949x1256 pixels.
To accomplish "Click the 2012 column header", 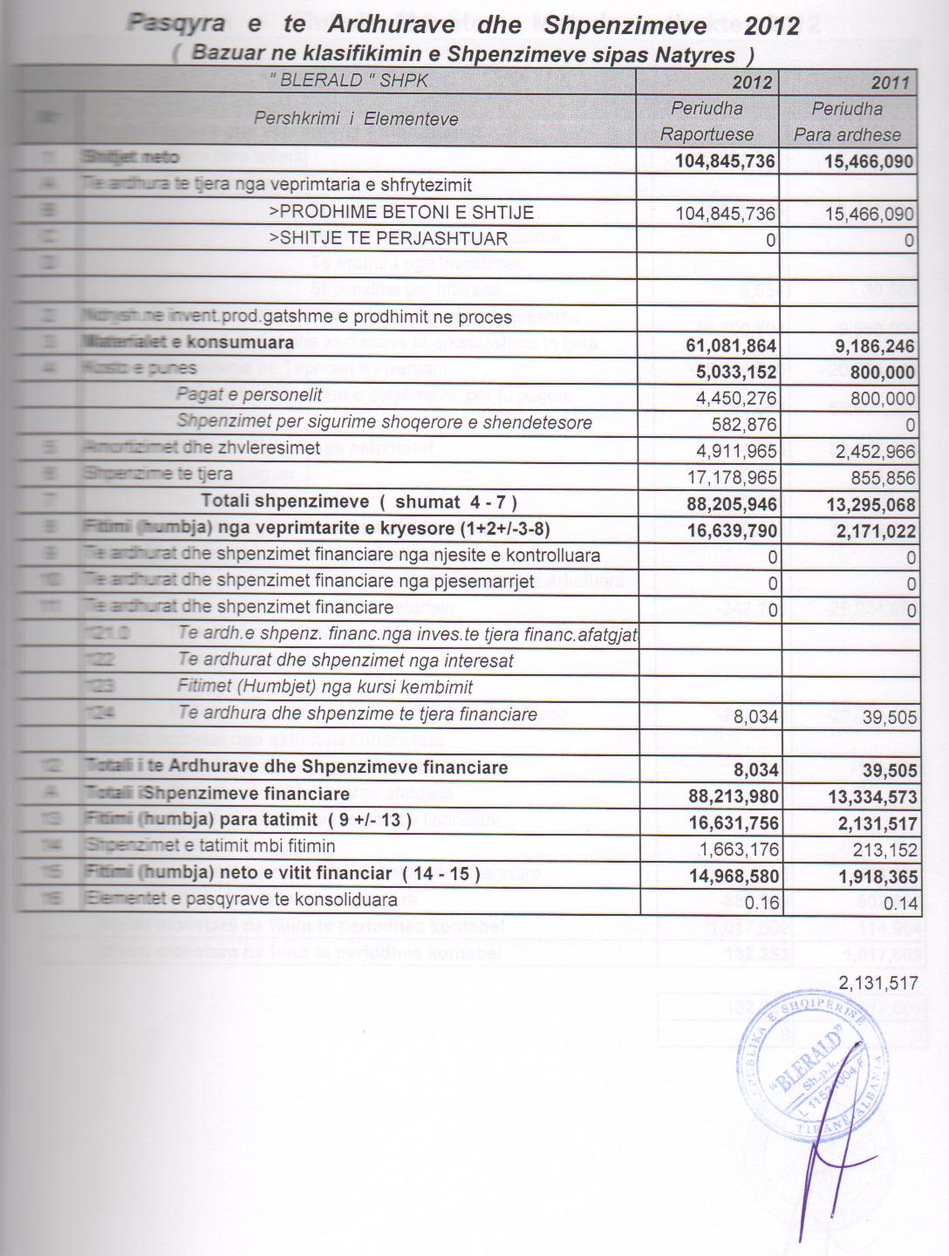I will click(752, 82).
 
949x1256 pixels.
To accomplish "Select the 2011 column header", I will click(890, 83).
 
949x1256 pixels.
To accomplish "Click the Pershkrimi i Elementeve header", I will click(356, 119).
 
